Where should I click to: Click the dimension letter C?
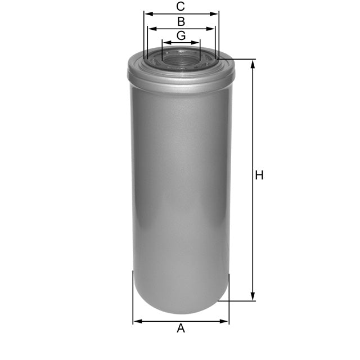pos(181,7)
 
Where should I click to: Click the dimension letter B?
pos(181,22)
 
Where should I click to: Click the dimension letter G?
pos(181,35)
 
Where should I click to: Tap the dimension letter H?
pos(259,175)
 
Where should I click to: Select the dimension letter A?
pos(181,328)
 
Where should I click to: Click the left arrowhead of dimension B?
pos(149,28)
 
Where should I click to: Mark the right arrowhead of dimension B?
pos(213,28)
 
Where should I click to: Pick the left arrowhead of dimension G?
pos(164,42)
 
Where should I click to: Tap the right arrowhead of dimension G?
pos(197,42)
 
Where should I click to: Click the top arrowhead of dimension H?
pos(253,62)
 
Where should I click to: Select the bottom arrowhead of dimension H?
pos(253,298)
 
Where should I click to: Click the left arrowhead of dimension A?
pos(136,322)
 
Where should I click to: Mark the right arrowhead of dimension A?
pos(226,322)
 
